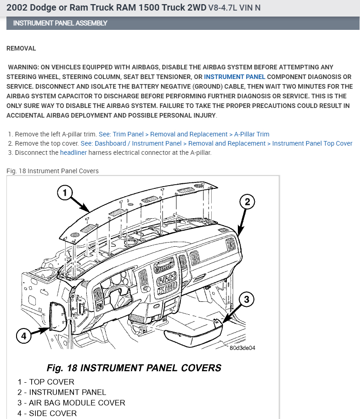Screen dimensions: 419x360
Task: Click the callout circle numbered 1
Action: tap(65, 193)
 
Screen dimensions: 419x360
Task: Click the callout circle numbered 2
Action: tap(247, 202)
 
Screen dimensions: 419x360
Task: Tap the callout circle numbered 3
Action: tap(246, 300)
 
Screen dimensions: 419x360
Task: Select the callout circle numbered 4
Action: tap(24, 336)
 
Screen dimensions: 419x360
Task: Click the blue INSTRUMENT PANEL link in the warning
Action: tap(235, 77)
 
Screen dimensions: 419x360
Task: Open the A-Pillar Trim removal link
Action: tap(184, 134)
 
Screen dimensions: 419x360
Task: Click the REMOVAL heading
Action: tap(21, 48)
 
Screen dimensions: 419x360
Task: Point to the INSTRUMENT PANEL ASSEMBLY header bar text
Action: tap(60, 23)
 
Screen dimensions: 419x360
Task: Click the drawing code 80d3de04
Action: tap(242, 348)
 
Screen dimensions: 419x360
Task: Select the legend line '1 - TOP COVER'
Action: tap(46, 382)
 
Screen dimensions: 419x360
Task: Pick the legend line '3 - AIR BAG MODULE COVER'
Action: tap(71, 403)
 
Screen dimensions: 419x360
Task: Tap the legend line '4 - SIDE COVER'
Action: tap(47, 413)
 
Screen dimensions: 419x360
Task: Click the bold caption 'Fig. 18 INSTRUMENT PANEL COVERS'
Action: tap(134, 368)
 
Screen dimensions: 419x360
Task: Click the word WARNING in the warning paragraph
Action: tap(23, 67)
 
